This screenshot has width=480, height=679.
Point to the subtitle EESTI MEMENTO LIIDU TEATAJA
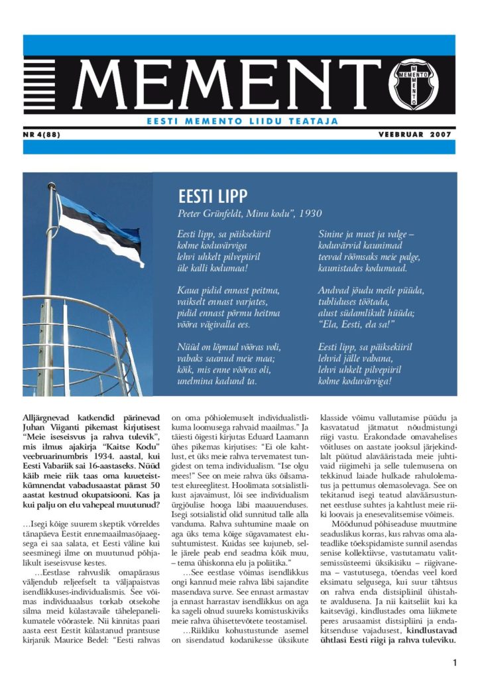click(x=242, y=121)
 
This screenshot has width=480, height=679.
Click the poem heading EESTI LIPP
click(x=213, y=197)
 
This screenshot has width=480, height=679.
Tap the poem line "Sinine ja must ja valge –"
click(x=366, y=235)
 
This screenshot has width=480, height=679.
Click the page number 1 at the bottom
click(x=455, y=663)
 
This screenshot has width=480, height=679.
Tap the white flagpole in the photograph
click(x=48, y=312)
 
